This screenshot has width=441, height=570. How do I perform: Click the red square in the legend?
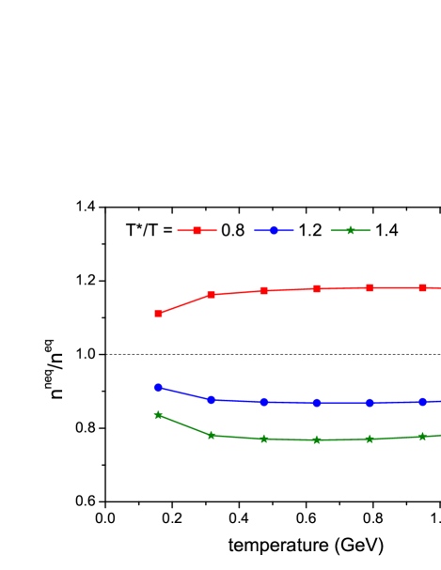click(x=197, y=230)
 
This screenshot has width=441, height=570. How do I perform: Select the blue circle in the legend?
click(x=274, y=230)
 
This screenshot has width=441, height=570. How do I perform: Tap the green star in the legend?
click(x=350, y=230)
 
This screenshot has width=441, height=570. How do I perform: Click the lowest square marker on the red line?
click(x=158, y=313)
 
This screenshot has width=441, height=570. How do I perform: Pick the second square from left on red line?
click(x=211, y=295)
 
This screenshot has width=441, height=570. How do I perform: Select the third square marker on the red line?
click(x=263, y=290)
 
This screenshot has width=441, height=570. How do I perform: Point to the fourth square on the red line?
click(x=317, y=288)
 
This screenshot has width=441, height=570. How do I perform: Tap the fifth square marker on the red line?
click(x=370, y=287)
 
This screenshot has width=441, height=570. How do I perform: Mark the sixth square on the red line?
click(x=422, y=287)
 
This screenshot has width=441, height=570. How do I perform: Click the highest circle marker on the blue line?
click(x=158, y=387)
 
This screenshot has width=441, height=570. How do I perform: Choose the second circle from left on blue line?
click(x=211, y=400)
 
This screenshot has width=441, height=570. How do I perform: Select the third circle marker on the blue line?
click(x=263, y=402)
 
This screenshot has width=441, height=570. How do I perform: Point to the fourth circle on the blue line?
click(x=317, y=403)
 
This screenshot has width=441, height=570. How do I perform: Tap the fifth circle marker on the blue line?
click(x=370, y=403)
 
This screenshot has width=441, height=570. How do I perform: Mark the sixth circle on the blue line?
click(x=422, y=402)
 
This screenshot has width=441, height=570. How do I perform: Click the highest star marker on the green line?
click(x=158, y=414)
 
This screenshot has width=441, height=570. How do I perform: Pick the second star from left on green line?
click(x=211, y=435)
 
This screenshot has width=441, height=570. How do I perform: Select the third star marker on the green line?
click(x=263, y=439)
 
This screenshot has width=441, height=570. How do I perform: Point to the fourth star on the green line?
click(x=317, y=439)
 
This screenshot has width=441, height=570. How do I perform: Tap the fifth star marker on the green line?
click(x=370, y=439)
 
